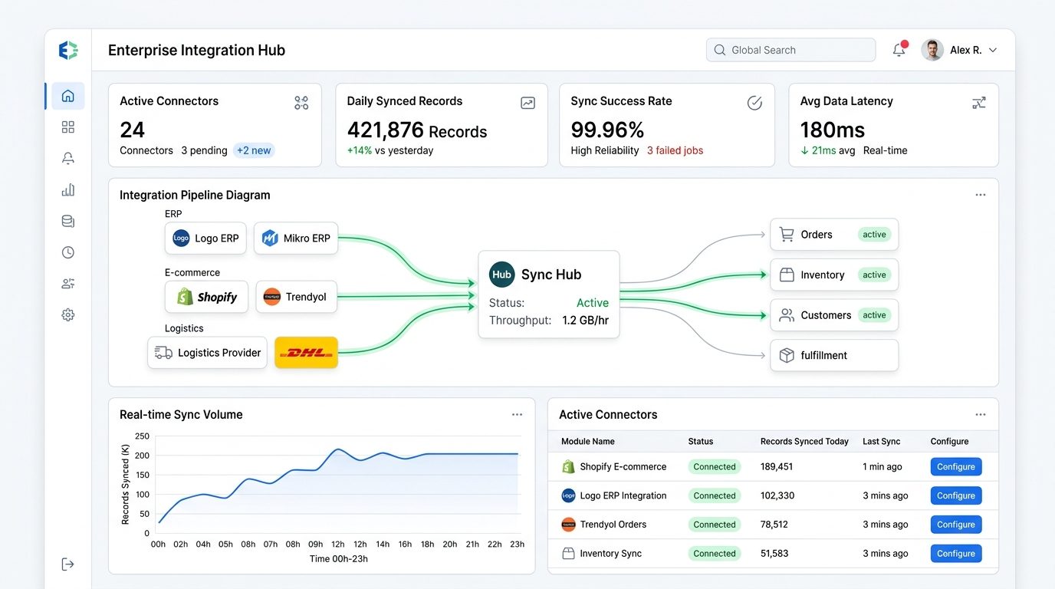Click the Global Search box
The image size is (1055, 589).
coord(790,50)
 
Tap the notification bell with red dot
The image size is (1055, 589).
coord(899,49)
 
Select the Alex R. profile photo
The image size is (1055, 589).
coord(932,50)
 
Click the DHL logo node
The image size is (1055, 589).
coord(306,353)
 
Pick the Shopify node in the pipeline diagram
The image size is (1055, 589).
coord(206,297)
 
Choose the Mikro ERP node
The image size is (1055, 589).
coord(296,238)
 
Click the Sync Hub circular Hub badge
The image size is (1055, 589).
coord(501,275)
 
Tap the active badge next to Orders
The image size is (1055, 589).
coord(874,234)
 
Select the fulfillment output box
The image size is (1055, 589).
coord(834,355)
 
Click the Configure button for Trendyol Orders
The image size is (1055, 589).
coord(955,525)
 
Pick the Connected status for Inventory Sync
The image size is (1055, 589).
coord(714,553)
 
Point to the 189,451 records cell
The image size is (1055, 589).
coord(777,466)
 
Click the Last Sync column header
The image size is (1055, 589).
coord(881,442)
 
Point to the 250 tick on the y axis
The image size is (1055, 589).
coord(142,436)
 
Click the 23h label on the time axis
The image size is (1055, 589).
coord(517,545)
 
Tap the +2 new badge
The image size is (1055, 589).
coord(254,150)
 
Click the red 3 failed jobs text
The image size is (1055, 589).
coord(675,150)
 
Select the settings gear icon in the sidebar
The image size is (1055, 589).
coord(67,314)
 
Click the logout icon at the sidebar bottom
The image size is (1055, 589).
coord(67,564)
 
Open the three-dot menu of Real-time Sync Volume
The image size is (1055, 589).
coord(517,415)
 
